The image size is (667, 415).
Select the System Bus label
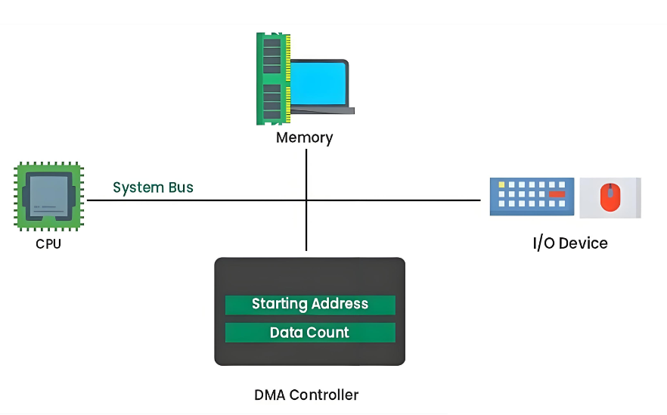tap(153, 187)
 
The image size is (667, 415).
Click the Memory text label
tap(304, 138)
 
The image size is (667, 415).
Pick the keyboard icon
tap(531, 197)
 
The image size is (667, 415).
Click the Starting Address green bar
tap(310, 305)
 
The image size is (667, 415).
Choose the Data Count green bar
tap(310, 333)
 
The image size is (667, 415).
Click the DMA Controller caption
tap(306, 395)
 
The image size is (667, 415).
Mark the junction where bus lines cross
tap(306, 200)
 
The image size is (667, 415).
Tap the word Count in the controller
tap(330, 333)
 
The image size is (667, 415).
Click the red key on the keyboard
tap(557, 194)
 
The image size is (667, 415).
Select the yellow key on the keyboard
tap(501, 184)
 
